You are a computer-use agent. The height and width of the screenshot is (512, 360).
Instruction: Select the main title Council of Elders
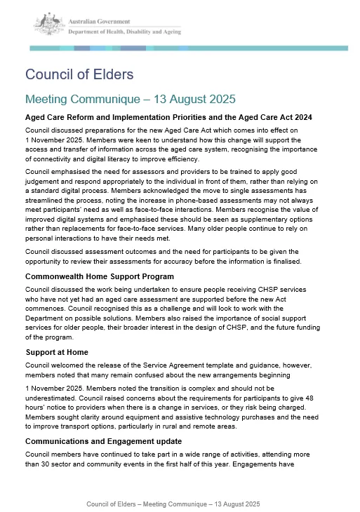point(79,74)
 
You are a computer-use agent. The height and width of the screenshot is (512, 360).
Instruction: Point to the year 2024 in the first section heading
point(301,117)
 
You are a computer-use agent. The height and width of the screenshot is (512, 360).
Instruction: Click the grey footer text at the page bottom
point(173,504)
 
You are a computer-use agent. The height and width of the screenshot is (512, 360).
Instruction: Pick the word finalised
point(279,262)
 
